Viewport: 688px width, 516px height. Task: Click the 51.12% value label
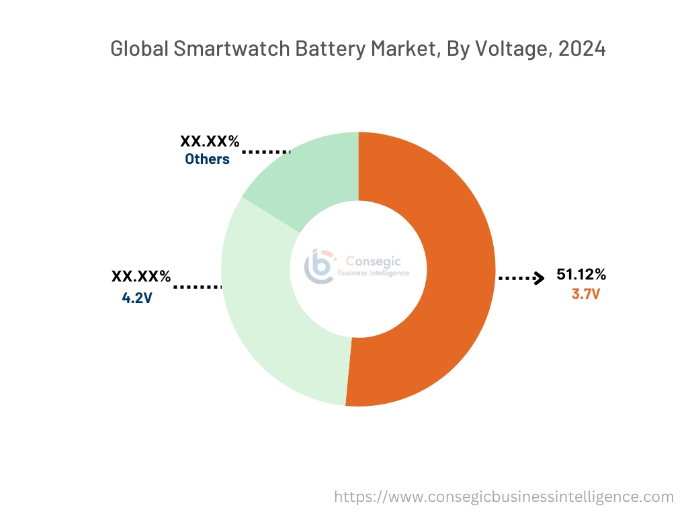581,274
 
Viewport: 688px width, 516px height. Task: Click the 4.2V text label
137,297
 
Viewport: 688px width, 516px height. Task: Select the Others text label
207,159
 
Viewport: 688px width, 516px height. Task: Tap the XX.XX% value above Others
210,142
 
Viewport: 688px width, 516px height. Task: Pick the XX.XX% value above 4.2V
141,277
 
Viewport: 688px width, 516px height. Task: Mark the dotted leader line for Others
266,153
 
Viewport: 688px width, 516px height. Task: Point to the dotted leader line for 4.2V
198,287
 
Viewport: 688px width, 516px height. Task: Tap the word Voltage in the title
510,50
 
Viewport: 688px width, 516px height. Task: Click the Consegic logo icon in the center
319,267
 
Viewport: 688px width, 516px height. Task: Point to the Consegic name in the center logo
368,261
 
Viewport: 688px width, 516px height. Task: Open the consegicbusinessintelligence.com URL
504,497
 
